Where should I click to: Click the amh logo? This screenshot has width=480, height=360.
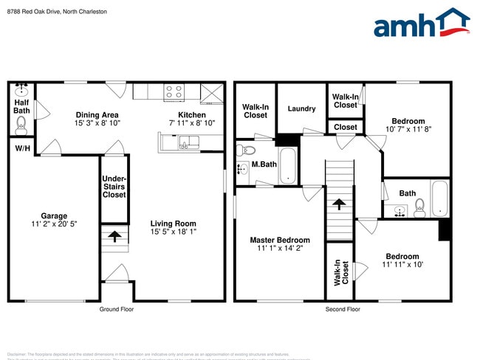(422, 24)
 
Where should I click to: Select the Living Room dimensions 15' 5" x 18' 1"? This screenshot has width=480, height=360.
(174, 232)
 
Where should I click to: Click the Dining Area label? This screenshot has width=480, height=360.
(97, 115)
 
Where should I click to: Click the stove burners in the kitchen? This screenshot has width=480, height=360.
(174, 91)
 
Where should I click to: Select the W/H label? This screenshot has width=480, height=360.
(21, 148)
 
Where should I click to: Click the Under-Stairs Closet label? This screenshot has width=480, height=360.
(114, 187)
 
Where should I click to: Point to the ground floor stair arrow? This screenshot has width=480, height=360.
(114, 237)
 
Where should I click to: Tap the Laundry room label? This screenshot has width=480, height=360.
(301, 109)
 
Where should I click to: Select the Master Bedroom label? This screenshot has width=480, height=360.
(280, 240)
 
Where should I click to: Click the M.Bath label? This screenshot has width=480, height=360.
(264, 164)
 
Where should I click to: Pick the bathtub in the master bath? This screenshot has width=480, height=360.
(287, 167)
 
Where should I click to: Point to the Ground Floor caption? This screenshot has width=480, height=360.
(117, 310)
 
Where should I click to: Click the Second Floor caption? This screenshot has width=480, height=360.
(343, 310)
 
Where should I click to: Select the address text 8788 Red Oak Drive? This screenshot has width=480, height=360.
(32, 12)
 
